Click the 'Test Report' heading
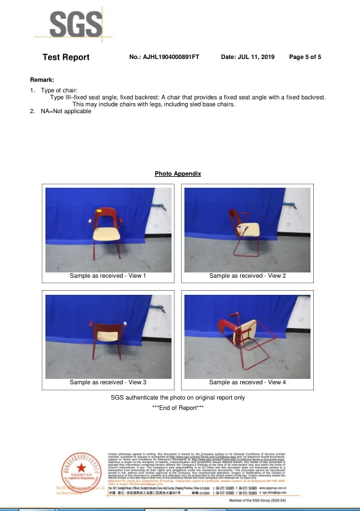[x=66, y=57]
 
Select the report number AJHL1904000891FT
[x=164, y=57]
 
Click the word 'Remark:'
[x=42, y=80]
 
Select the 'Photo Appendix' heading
[x=178, y=174]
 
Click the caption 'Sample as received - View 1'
[x=108, y=276]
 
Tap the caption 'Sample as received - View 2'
[x=247, y=276]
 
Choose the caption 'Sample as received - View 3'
[x=108, y=382]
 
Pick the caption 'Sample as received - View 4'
[x=247, y=382]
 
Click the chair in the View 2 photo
[x=245, y=233]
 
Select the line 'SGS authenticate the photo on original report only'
[x=178, y=397]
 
